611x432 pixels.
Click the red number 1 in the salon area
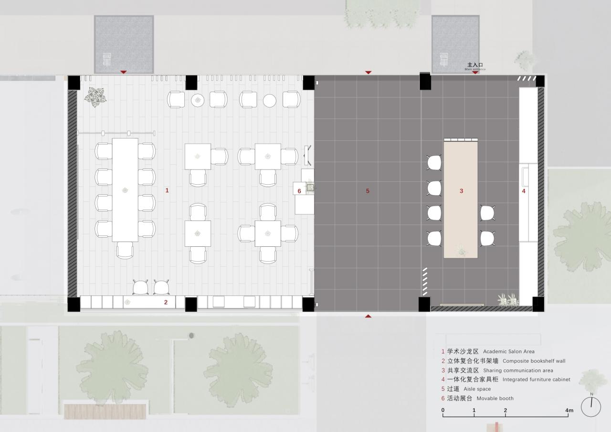pyautogui.click(x=167, y=190)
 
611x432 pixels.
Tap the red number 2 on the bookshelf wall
pyautogui.click(x=166, y=302)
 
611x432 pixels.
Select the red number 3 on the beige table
pyautogui.click(x=461, y=191)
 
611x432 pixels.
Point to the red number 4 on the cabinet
pyautogui.click(x=523, y=191)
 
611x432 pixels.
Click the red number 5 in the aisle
pyautogui.click(x=368, y=191)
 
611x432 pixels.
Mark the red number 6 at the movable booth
pyautogui.click(x=299, y=191)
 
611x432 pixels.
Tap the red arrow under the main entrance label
pyautogui.click(x=475, y=73)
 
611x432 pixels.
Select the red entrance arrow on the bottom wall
pyautogui.click(x=368, y=316)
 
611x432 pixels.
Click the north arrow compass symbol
pyautogui.click(x=591, y=407)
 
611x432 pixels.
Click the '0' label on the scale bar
pyautogui.click(x=443, y=411)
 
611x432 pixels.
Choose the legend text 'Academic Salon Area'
pyautogui.click(x=508, y=351)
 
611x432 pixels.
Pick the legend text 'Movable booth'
pyautogui.click(x=495, y=398)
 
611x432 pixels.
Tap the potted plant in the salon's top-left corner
pyautogui.click(x=97, y=97)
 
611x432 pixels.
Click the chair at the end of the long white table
pyautogui.click(x=125, y=250)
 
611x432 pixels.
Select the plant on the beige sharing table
pyautogui.click(x=462, y=250)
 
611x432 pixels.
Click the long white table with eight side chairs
pyautogui.click(x=125, y=190)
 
